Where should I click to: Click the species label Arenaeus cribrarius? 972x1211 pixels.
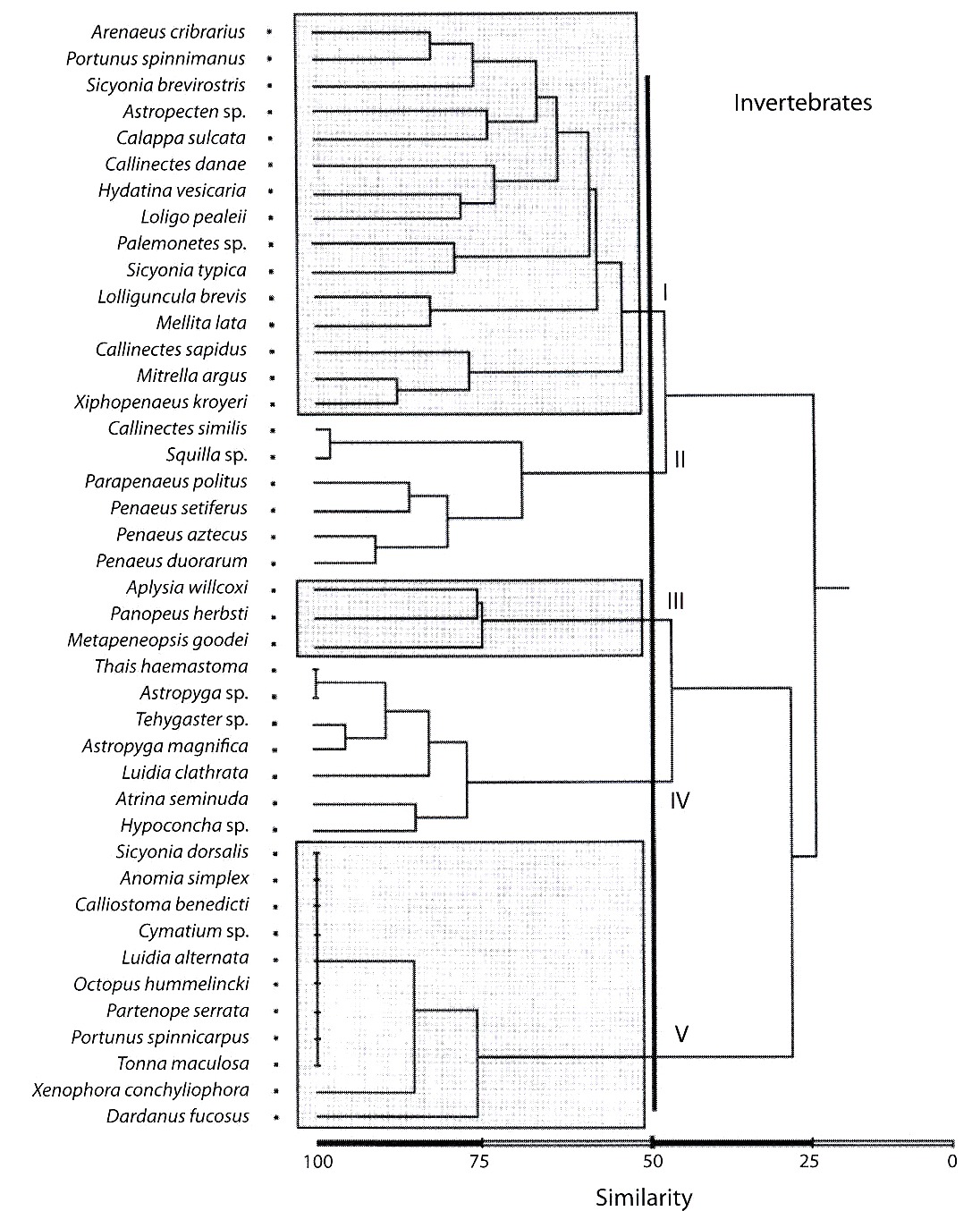tap(168, 32)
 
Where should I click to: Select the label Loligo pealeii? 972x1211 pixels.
tap(194, 217)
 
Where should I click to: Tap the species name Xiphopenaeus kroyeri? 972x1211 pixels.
tap(161, 402)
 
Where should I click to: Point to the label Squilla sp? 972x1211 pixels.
tap(207, 455)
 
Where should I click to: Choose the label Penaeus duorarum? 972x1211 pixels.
tap(172, 561)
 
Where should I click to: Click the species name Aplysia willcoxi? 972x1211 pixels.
tap(187, 588)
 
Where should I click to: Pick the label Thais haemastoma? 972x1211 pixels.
tap(171, 667)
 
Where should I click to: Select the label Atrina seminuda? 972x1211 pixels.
tap(182, 799)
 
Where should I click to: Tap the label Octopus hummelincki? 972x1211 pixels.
tap(162, 984)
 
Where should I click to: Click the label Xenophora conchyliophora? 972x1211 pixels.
tap(140, 1090)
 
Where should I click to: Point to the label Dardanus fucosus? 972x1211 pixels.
tap(178, 1116)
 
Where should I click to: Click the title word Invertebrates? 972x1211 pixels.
tap(803, 103)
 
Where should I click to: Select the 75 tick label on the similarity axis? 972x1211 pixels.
tap(479, 1162)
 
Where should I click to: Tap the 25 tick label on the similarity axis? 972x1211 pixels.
tap(808, 1162)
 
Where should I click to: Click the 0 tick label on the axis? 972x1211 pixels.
tap(952, 1162)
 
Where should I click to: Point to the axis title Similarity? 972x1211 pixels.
tap(644, 1198)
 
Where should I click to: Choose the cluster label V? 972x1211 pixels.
tap(681, 1034)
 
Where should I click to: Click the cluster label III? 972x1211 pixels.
tap(675, 601)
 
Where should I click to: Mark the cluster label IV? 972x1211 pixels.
tap(680, 800)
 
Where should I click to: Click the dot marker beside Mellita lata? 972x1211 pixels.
tap(272, 325)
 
